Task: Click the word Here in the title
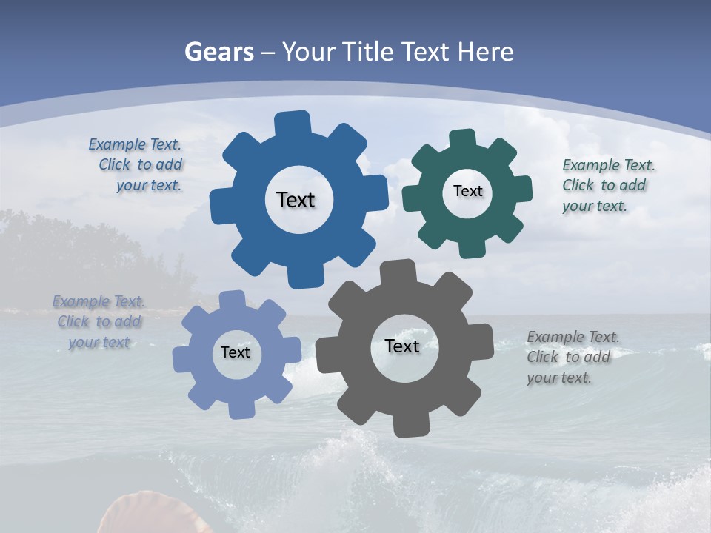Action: pos(485,52)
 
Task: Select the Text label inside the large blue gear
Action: pos(296,200)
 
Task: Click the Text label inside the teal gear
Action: pos(467,191)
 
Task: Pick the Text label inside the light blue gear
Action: pos(236,352)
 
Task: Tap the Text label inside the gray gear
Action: pos(402,346)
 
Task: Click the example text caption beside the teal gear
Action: pos(607,185)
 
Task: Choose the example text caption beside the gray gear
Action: pos(573,357)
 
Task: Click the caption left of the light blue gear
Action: pos(99,322)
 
